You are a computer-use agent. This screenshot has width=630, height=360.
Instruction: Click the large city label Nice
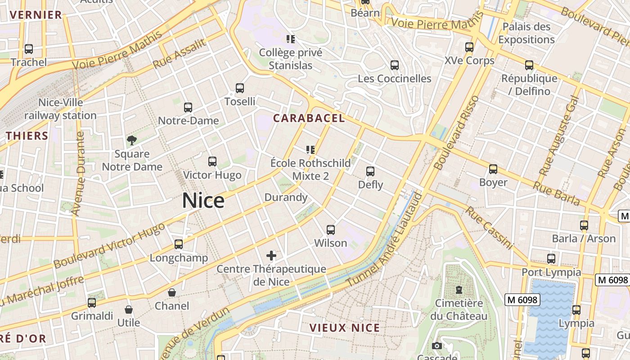tap(203, 200)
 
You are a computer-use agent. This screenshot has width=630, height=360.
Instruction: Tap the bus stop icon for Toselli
tap(240, 88)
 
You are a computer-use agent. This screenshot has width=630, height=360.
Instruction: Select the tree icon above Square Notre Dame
tap(132, 140)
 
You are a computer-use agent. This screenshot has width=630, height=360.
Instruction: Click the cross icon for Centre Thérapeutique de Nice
tap(271, 256)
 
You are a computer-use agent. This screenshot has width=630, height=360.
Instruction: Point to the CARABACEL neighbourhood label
tap(309, 118)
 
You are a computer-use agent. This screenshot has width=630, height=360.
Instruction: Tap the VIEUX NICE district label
tap(345, 328)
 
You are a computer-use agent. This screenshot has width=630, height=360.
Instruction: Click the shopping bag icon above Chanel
tap(172, 292)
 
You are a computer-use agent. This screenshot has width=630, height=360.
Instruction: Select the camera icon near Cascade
tap(436, 346)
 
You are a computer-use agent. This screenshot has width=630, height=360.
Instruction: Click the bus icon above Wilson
tap(331, 230)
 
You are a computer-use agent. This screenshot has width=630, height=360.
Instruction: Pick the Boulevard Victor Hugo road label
tap(109, 246)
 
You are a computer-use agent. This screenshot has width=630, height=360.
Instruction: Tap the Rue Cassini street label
tap(489, 228)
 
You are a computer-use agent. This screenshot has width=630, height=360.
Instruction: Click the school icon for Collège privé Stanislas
tap(291, 39)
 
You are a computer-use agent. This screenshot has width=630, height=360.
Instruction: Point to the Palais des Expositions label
tap(526, 33)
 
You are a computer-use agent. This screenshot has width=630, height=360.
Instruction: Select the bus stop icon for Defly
tap(370, 171)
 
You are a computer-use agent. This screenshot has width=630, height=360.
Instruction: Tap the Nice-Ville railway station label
tap(60, 109)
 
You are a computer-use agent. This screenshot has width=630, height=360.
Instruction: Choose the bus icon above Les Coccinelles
tap(395, 65)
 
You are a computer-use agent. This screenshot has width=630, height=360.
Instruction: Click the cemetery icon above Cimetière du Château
tap(459, 290)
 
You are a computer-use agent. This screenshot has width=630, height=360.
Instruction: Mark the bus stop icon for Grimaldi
tap(92, 303)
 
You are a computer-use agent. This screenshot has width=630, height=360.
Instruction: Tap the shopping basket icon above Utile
tap(129, 310)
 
